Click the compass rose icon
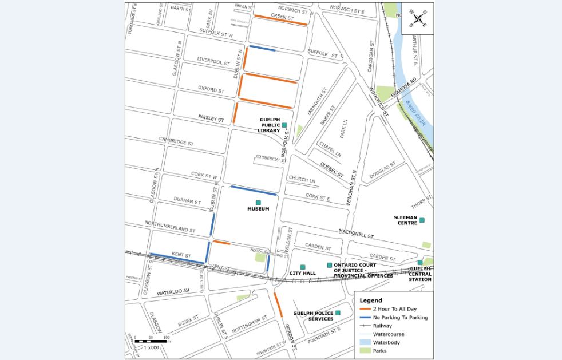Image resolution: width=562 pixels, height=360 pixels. [x=417, y=19]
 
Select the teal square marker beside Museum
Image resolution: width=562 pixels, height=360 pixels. [x=258, y=203]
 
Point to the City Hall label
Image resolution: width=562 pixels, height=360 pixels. [x=303, y=274]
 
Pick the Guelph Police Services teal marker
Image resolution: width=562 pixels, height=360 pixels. [x=338, y=312]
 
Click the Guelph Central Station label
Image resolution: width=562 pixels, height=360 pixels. [x=420, y=274]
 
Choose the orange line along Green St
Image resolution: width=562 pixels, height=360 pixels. [x=280, y=20]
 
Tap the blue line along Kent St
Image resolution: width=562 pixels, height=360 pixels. [x=177, y=258]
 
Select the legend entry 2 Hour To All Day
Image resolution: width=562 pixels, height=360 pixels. [x=394, y=308]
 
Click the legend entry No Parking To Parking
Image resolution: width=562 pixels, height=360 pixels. [x=399, y=317]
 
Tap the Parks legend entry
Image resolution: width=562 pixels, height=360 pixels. [x=379, y=350]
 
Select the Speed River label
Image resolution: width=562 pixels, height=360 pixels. [x=414, y=109]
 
